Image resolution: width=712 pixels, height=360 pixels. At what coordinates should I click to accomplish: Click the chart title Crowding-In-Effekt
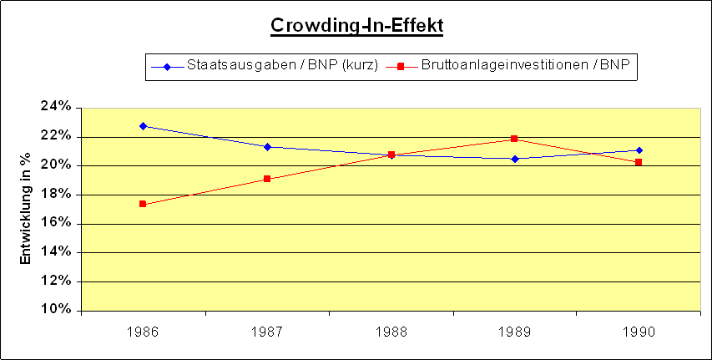click(356, 26)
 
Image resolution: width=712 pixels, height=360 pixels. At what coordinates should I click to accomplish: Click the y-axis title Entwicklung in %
click(26, 208)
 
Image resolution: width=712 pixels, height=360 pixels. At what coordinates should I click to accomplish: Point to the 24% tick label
click(58, 107)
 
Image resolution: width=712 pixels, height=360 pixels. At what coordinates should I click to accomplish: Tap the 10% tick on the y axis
click(58, 310)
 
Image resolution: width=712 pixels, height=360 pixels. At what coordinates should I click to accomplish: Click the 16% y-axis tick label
click(58, 223)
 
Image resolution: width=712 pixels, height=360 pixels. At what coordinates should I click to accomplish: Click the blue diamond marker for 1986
click(144, 126)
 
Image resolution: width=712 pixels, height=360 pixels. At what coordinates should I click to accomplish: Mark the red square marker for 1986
click(144, 204)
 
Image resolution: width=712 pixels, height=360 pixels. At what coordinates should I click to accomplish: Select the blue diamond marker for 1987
click(267, 147)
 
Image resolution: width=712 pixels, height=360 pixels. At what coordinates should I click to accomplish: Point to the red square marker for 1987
click(267, 179)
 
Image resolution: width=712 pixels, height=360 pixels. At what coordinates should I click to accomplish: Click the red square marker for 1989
click(514, 139)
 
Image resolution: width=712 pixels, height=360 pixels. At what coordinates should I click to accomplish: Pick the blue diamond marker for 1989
click(514, 159)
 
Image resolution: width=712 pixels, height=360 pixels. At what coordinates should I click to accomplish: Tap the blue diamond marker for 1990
click(639, 150)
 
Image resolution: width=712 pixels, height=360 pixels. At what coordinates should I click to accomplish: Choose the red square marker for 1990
click(639, 162)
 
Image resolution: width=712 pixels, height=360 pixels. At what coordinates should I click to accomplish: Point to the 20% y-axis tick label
click(58, 165)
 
